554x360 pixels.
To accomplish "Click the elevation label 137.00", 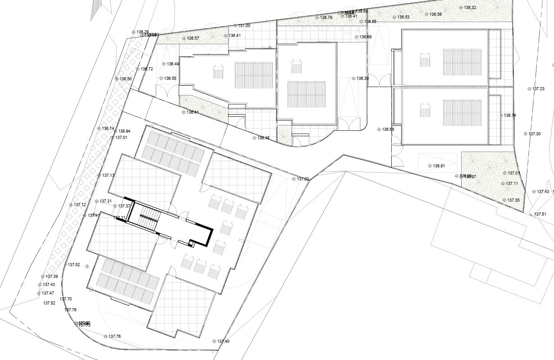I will click(x=244, y=26).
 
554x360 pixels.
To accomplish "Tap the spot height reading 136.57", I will click(x=193, y=38).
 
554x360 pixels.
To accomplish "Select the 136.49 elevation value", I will click(x=173, y=64).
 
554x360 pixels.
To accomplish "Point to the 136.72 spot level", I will click(x=147, y=69).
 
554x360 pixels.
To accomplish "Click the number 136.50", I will click(x=126, y=79).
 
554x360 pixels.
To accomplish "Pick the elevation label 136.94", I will click(x=124, y=131).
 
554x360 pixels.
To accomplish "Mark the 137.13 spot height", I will click(x=108, y=175).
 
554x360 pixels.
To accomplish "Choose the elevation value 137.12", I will click(x=80, y=205).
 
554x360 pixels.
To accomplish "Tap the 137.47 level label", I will click(x=48, y=293).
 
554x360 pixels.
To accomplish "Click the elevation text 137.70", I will click(x=66, y=299).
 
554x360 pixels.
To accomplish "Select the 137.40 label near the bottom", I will click(x=223, y=342).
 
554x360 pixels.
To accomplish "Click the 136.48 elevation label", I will click(x=263, y=138).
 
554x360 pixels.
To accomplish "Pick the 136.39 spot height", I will click(x=362, y=78).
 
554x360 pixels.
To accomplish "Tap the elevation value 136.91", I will click(x=439, y=166).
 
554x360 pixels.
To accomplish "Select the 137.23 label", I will click(x=538, y=89).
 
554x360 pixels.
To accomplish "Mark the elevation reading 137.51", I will click(x=540, y=214).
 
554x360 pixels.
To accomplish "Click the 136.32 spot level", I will click(x=470, y=8).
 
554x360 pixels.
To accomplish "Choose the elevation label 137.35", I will click(x=513, y=200).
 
